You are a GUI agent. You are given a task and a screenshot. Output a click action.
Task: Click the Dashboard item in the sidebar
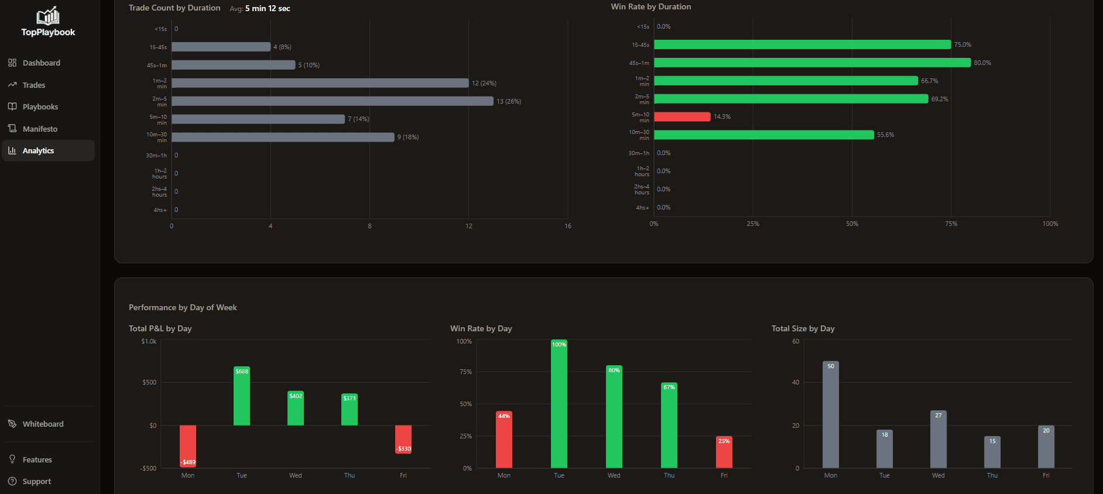pos(41,63)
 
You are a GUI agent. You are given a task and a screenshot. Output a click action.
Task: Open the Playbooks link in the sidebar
pos(40,107)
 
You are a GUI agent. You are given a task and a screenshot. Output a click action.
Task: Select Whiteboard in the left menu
pos(43,424)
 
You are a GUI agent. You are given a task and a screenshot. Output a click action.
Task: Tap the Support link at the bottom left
pos(36,481)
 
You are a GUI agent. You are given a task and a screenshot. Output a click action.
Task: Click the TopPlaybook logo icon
pos(48,16)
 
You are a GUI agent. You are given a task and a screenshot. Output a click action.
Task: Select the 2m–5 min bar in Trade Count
pos(332,101)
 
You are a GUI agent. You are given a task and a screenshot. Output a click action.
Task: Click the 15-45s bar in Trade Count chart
pos(221,47)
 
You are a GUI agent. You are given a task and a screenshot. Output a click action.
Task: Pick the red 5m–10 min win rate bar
pos(682,116)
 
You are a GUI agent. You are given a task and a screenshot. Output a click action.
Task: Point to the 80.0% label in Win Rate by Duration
pos(982,63)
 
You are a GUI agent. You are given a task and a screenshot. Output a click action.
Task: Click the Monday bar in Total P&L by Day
pos(188,445)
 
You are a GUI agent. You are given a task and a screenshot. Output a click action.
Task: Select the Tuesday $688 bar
pos(242,396)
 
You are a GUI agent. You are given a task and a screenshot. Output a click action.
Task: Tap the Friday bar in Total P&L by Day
pos(403,439)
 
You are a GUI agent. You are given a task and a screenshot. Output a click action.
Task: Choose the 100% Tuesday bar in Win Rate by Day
pos(559,404)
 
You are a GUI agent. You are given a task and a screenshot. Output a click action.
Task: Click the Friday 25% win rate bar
pos(724,452)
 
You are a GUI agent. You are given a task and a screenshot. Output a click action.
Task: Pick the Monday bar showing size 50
pos(831,414)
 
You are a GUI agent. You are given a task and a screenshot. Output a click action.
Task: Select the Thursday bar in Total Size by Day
pos(992,452)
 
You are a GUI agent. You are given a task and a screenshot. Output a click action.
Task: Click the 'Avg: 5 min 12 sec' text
pos(260,8)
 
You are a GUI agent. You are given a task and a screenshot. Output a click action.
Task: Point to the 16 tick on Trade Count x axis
pos(568,226)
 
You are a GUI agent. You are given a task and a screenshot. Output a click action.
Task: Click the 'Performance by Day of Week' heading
pos(183,307)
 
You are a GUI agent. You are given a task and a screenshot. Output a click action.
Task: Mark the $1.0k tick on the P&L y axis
pos(149,341)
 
